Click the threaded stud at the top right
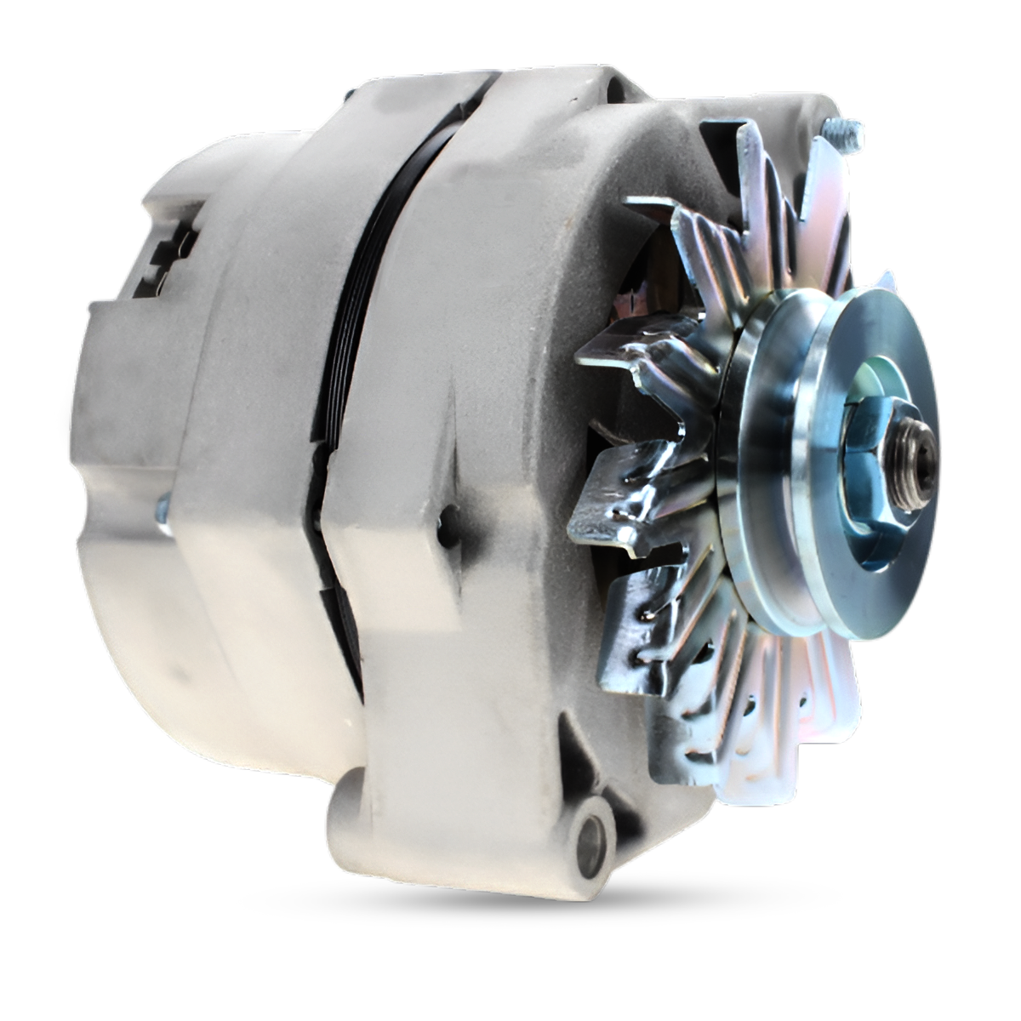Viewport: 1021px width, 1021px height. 842,134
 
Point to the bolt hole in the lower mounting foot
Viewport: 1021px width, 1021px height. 590,841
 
